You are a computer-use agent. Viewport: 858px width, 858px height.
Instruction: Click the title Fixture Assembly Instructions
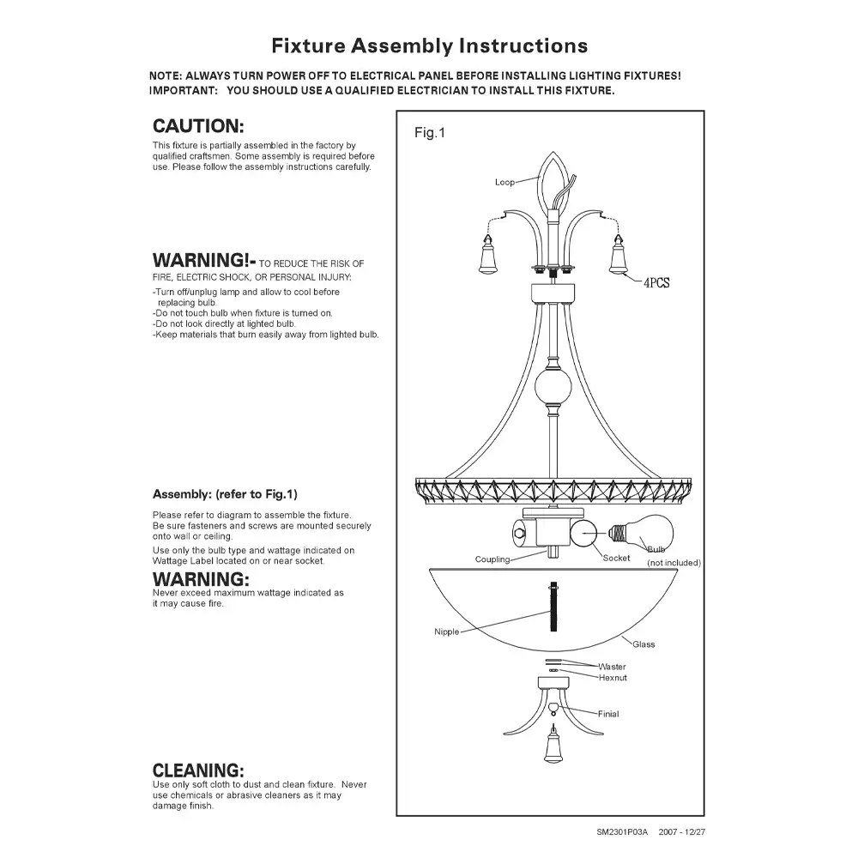pos(429,45)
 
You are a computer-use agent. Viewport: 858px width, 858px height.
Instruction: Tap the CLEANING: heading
pos(198,770)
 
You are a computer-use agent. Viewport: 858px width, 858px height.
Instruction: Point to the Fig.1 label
pos(430,133)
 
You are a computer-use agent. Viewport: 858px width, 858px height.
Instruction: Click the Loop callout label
pos(505,182)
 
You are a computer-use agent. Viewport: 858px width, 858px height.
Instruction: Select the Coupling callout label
pos(492,559)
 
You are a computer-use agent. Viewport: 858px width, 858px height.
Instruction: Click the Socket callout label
pos(616,558)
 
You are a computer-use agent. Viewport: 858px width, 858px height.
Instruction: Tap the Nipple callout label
pos(446,632)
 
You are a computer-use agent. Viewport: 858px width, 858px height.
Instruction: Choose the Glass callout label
pos(643,644)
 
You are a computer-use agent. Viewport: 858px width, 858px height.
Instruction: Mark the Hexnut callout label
pos(613,678)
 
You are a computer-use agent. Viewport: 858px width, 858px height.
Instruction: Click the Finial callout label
pos(607,714)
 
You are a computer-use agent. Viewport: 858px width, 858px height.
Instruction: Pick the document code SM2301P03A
pos(622,832)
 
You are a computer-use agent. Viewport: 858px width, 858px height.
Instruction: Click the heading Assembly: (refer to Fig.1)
pos(224,494)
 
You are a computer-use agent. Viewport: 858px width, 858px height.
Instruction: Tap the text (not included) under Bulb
pos(674,563)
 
